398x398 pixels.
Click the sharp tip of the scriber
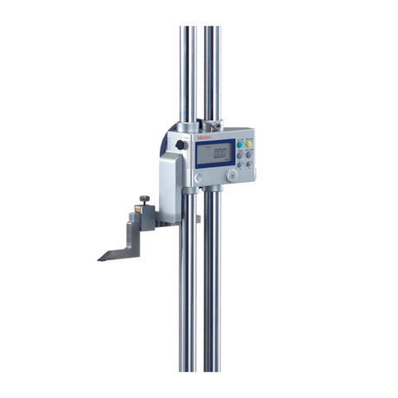(x=99, y=258)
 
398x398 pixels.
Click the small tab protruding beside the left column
(x=197, y=218)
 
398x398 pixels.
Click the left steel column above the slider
(x=188, y=69)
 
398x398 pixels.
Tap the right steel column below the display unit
(x=212, y=286)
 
